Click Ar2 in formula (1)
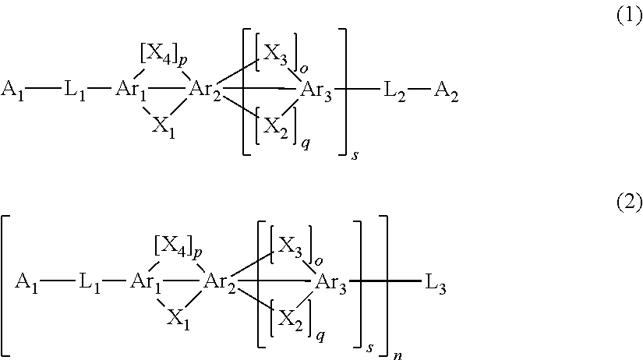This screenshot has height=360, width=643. pyautogui.click(x=205, y=88)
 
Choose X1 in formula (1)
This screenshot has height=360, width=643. pyautogui.click(x=163, y=126)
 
